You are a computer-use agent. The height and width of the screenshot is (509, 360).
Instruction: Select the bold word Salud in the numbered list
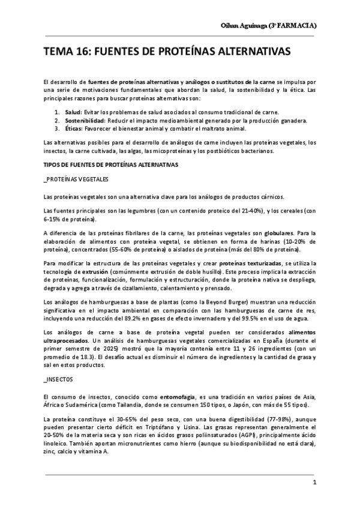pos(73,112)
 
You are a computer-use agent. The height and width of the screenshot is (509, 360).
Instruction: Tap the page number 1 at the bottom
pos(313,481)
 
